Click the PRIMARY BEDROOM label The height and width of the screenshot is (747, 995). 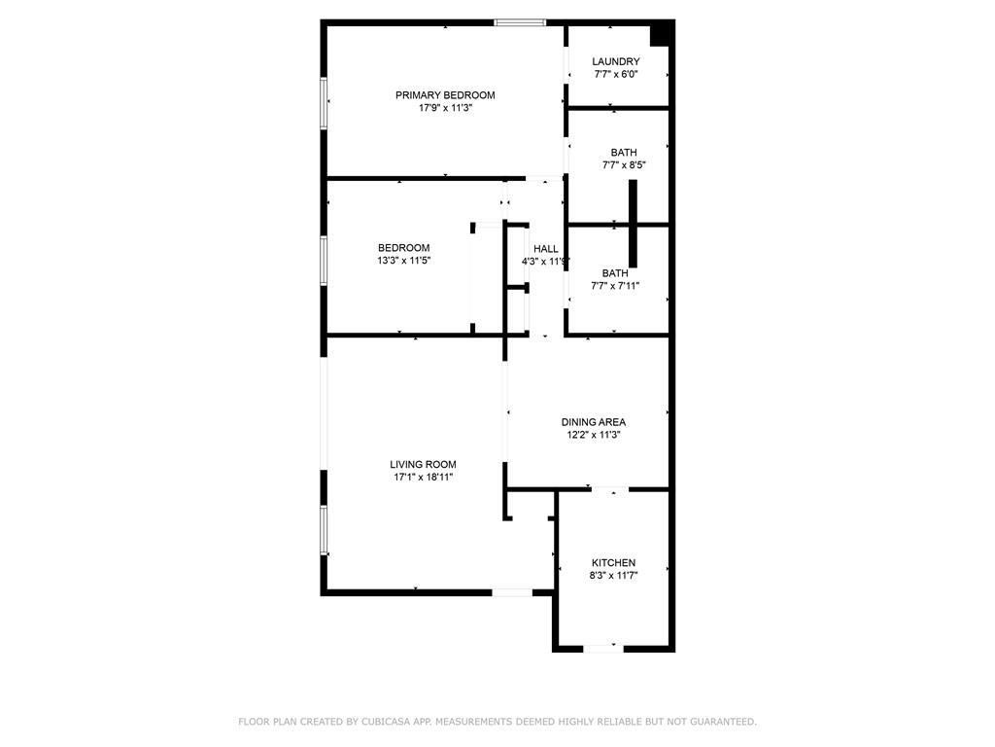(445, 95)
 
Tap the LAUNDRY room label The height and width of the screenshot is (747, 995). (616, 61)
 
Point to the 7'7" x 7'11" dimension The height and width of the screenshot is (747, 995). (615, 286)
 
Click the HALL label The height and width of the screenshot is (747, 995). (545, 249)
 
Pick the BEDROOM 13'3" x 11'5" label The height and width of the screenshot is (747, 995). (403, 248)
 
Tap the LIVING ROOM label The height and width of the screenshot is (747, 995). (423, 464)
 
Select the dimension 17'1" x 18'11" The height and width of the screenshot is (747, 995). (423, 477)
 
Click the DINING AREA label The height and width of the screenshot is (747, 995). (593, 422)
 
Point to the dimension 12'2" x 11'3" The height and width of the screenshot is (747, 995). (593, 435)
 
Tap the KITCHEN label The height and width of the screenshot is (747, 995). (614, 563)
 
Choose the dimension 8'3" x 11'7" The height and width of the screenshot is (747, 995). (614, 576)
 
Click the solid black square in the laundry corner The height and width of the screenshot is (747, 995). (661, 34)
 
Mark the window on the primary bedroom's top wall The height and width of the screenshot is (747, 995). (520, 22)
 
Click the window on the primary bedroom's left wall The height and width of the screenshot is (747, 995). (324, 102)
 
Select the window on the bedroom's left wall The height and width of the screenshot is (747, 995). (324, 262)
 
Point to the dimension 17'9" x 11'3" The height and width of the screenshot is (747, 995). (445, 108)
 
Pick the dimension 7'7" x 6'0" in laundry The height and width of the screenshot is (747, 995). (616, 74)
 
